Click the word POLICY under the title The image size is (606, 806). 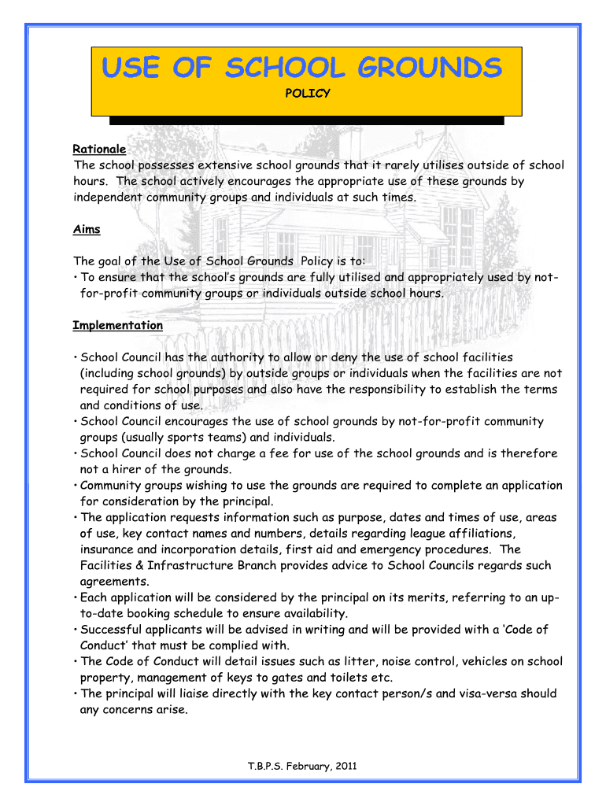point(307,94)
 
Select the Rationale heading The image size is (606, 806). point(99,149)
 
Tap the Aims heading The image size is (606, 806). point(86,229)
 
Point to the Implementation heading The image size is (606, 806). point(118,325)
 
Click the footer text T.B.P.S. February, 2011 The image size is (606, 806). point(303,767)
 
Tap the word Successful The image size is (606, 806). point(113,630)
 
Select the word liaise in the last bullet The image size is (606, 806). point(184,693)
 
